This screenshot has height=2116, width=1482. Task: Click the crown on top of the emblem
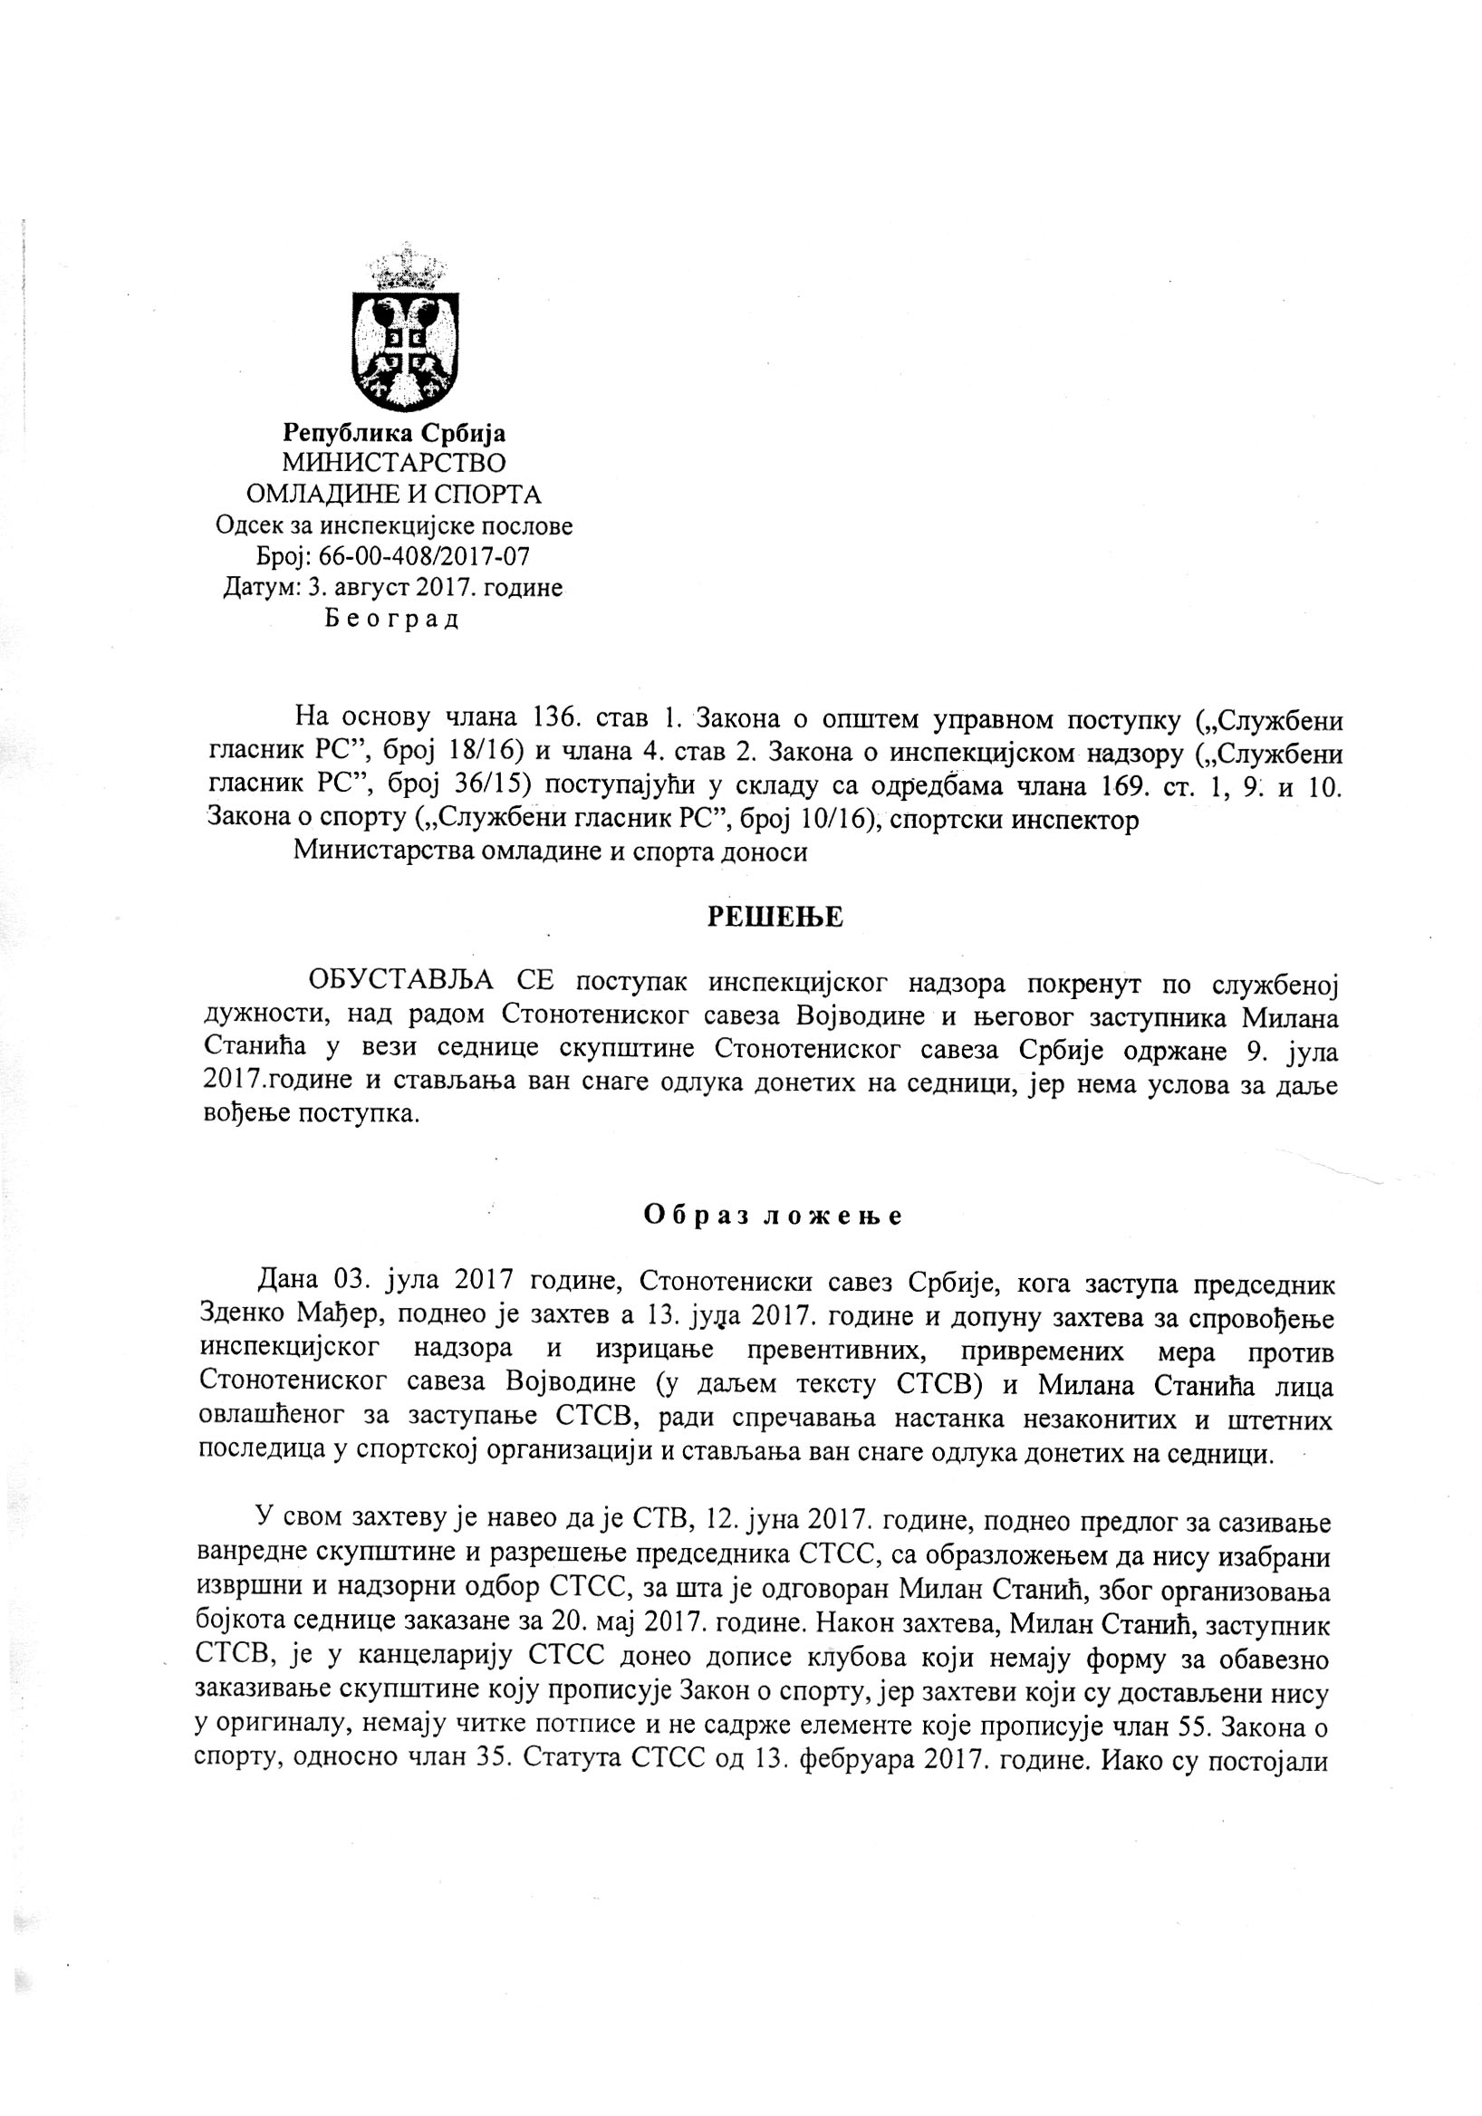click(x=407, y=267)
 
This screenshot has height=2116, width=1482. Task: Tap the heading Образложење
click(x=773, y=1216)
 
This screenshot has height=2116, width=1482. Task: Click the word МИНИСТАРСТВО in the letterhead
click(x=394, y=463)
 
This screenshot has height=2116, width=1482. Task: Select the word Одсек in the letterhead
click(x=246, y=526)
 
